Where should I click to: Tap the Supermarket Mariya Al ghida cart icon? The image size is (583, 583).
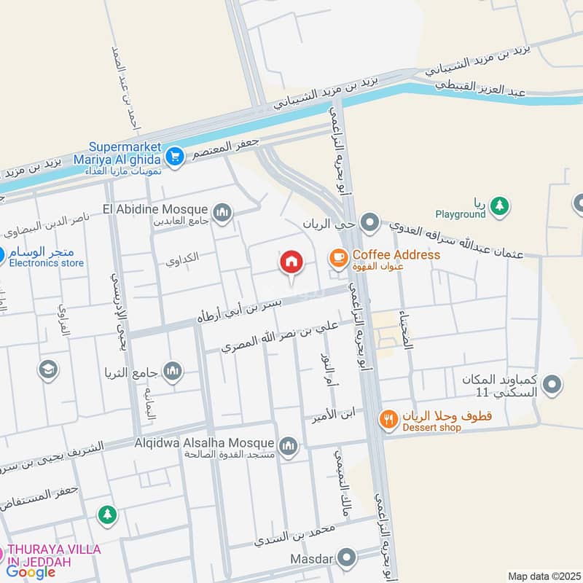(x=174, y=156)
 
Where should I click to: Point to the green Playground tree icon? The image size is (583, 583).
(x=499, y=205)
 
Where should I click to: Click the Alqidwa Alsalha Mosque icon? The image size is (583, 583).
(x=289, y=445)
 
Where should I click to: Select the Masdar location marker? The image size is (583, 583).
(x=348, y=559)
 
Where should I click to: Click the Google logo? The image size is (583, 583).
(x=31, y=572)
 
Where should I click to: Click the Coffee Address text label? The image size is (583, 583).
(x=396, y=255)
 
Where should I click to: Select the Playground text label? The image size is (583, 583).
(x=461, y=214)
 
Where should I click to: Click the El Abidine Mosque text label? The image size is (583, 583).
(x=157, y=209)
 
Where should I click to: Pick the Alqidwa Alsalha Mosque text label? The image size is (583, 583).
(x=203, y=442)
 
